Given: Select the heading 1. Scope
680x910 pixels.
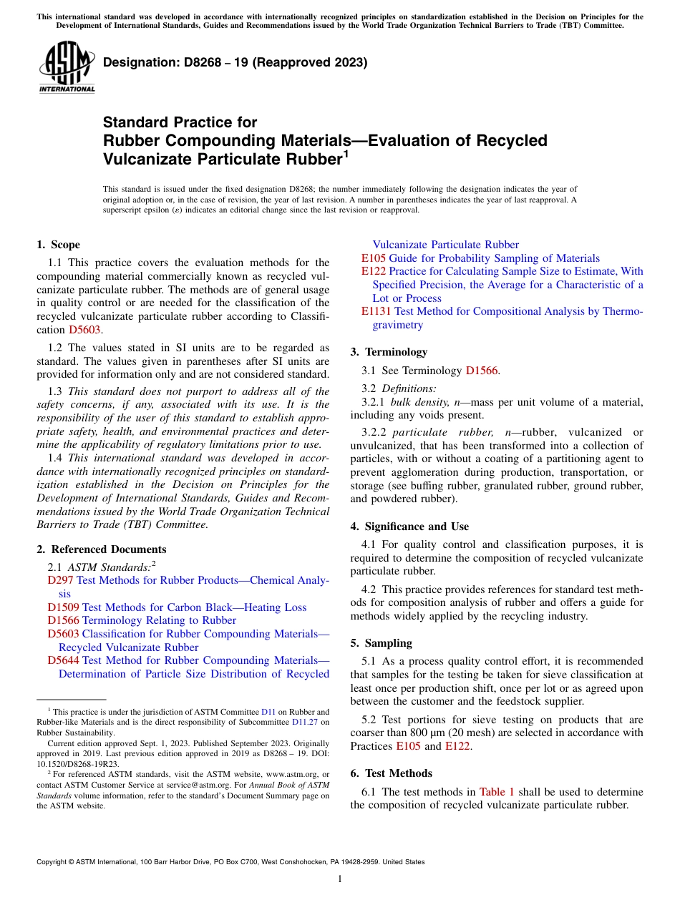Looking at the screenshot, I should (x=59, y=245).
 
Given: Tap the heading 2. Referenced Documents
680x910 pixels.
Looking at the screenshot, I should (x=102, y=549).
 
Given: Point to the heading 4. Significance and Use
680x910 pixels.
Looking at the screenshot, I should (x=409, y=527).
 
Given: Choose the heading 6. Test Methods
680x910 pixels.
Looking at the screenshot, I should (x=392, y=773).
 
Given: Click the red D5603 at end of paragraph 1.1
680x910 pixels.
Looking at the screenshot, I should (x=84, y=330).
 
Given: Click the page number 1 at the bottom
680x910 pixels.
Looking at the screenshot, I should (x=340, y=879).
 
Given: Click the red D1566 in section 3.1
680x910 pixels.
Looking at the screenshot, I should (x=482, y=370).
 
